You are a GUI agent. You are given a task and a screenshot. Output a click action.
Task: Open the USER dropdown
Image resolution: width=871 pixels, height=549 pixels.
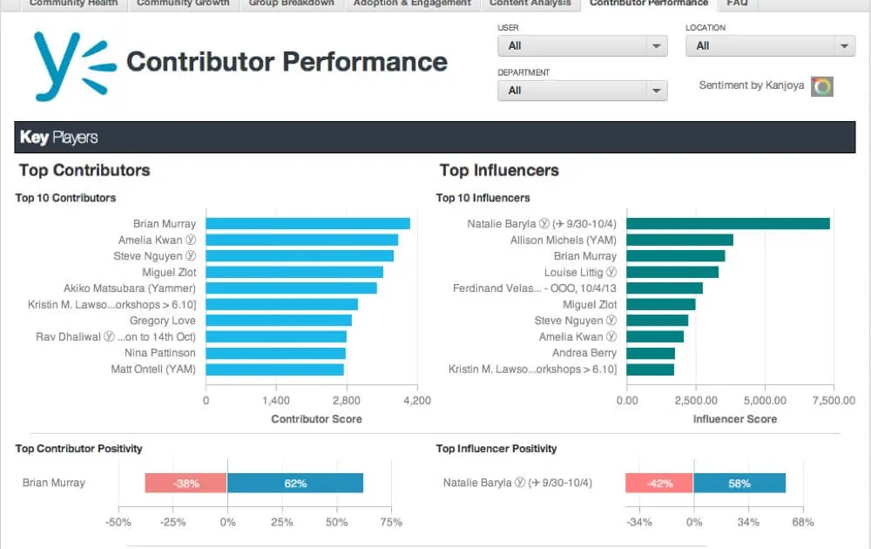[x=582, y=46]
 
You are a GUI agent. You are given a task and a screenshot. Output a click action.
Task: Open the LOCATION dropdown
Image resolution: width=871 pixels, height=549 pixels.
[x=770, y=46]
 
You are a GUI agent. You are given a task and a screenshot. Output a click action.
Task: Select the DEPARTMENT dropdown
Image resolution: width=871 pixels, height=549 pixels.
[x=582, y=91]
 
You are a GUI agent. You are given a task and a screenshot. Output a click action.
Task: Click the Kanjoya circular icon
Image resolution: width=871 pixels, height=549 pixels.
[x=821, y=86]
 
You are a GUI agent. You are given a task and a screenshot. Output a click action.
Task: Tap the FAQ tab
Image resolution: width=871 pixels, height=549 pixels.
[x=737, y=3]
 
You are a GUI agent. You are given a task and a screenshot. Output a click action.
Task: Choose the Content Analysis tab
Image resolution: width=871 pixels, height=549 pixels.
[x=530, y=3]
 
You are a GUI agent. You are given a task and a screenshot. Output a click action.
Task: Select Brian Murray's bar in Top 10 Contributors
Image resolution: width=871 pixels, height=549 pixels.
[x=307, y=224]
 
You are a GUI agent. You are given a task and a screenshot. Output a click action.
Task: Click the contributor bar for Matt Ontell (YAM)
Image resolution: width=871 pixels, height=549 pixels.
[x=274, y=369]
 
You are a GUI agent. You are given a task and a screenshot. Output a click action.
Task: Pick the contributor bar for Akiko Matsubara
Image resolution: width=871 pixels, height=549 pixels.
[x=291, y=288]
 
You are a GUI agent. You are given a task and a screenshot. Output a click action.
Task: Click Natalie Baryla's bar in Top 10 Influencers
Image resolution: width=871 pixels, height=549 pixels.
[x=727, y=224]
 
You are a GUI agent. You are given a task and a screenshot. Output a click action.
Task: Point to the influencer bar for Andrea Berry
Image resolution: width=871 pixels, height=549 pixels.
[x=651, y=353]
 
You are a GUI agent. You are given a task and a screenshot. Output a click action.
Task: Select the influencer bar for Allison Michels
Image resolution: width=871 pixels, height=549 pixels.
[x=679, y=241]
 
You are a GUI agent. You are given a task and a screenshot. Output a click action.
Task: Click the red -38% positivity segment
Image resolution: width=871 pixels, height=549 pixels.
[x=186, y=483]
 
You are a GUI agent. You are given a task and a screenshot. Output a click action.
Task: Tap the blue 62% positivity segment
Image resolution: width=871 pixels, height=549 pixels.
[x=294, y=483]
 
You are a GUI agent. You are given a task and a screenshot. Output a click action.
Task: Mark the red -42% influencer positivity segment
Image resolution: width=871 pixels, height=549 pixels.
[x=659, y=483]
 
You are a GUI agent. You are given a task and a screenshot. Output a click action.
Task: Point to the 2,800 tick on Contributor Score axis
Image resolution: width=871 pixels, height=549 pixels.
[x=347, y=401]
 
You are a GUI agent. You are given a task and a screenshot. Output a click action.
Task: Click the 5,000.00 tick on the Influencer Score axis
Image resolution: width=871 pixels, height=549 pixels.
[x=764, y=401]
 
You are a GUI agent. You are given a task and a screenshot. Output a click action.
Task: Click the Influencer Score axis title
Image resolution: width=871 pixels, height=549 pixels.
[x=734, y=419]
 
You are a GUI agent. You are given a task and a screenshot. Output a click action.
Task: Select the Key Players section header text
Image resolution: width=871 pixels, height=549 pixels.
[x=59, y=138]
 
